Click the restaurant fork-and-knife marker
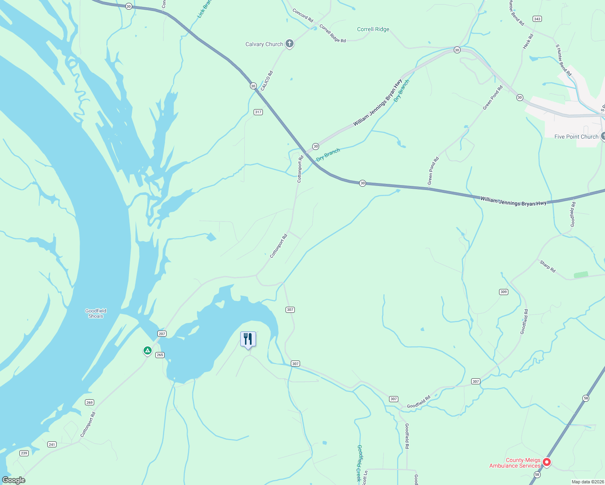(248, 339)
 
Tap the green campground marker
(148, 350)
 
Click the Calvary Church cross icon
(289, 43)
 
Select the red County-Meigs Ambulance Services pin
(546, 462)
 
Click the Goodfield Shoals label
(96, 314)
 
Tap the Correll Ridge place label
(373, 29)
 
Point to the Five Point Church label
(576, 137)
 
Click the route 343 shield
(537, 19)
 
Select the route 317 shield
(258, 112)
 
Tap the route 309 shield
(503, 292)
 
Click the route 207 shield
(162, 333)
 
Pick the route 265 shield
(160, 355)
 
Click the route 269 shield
(89, 402)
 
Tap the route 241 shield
(52, 444)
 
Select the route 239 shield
(24, 453)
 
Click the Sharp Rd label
(548, 266)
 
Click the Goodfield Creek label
(359, 463)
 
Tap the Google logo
(13, 480)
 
